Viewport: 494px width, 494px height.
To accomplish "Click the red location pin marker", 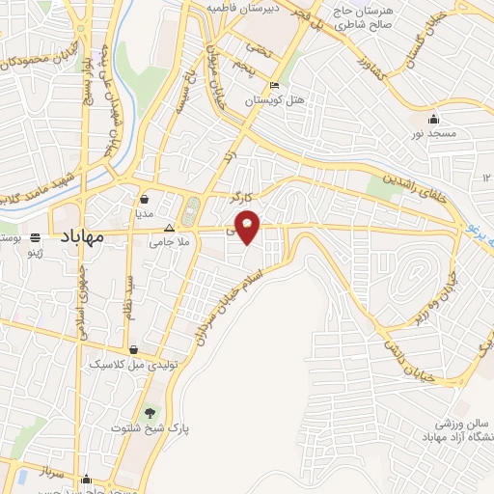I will point(248,228).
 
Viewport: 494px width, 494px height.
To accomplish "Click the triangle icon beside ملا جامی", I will point(170,230).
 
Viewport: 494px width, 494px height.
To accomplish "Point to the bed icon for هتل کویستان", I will point(275,85).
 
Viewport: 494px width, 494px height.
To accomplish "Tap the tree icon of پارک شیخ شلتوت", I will point(148,412).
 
